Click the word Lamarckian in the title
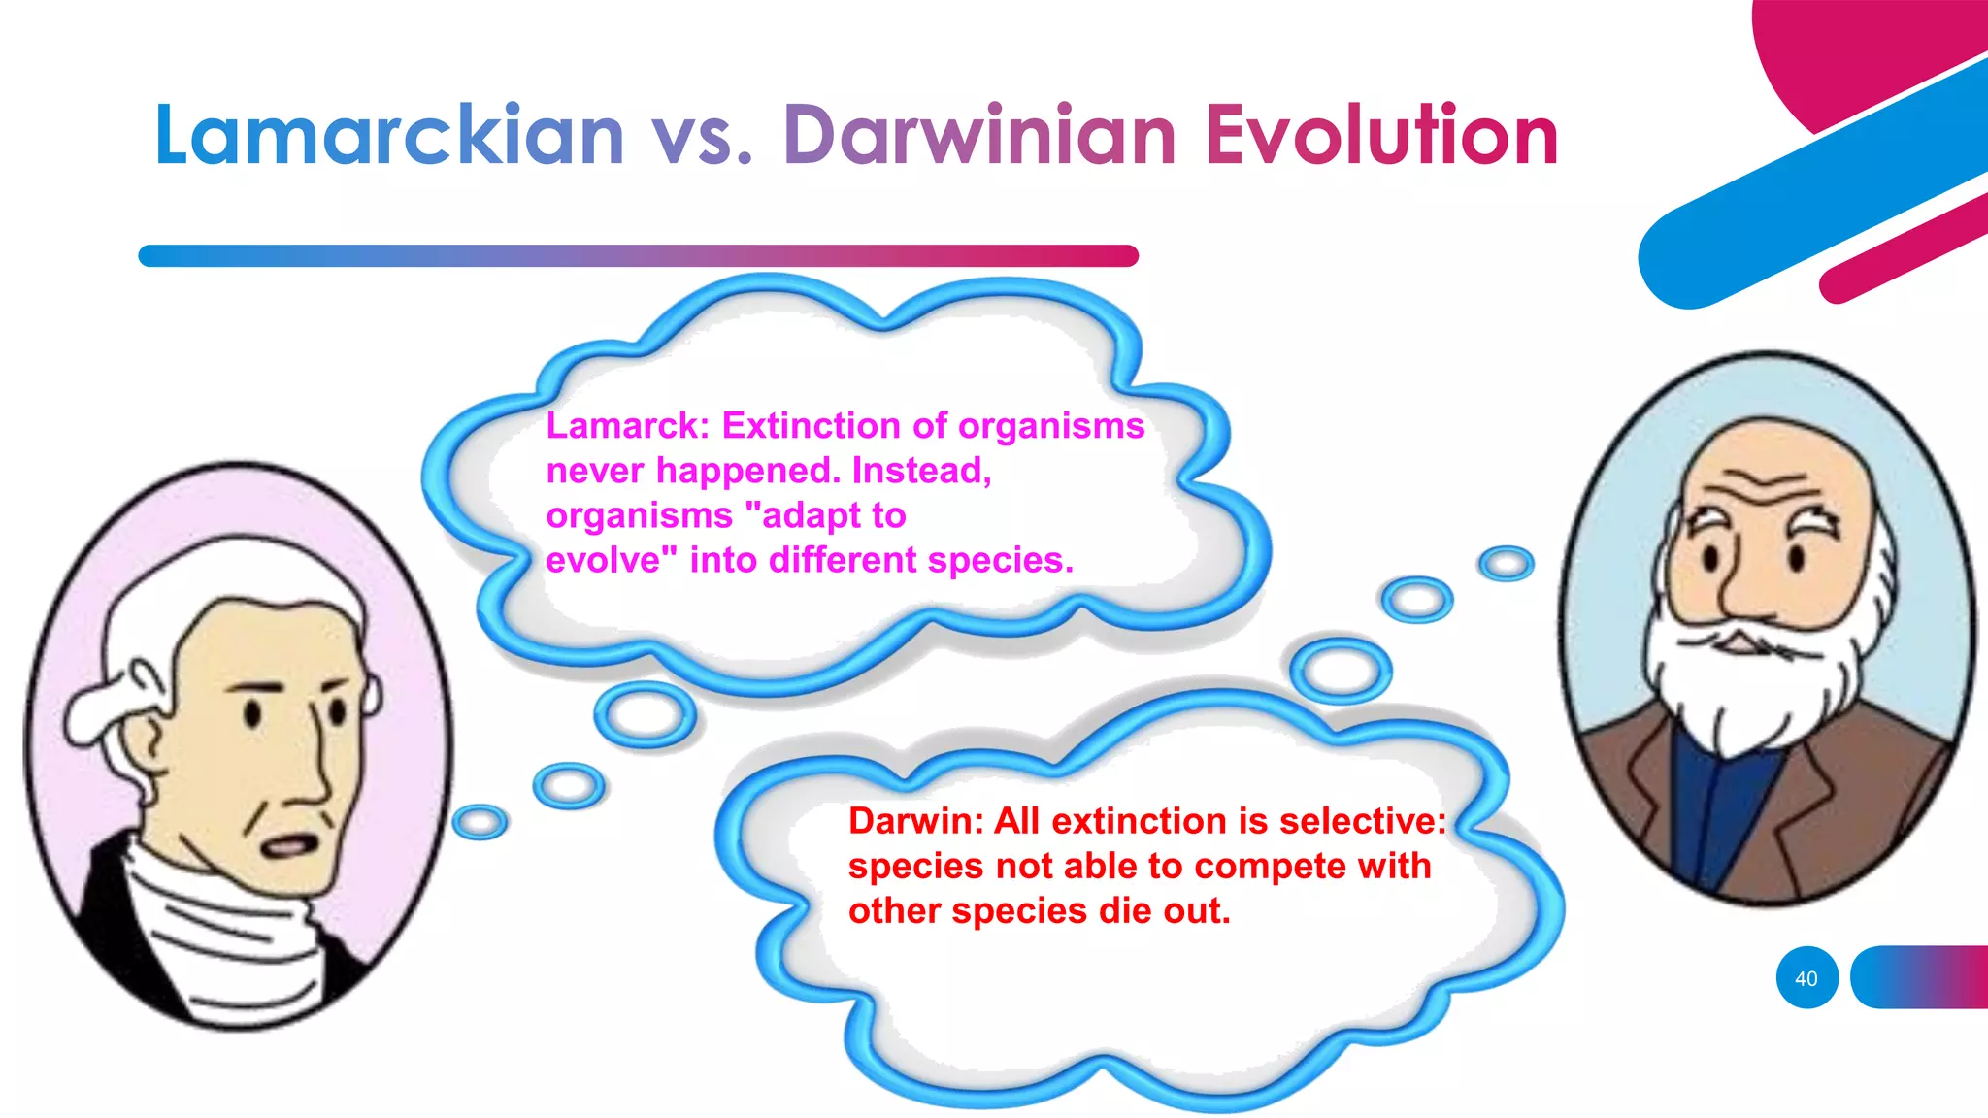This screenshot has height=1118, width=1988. pyautogui.click(x=388, y=136)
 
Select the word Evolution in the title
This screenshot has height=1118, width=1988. pyautogui.click(x=1381, y=136)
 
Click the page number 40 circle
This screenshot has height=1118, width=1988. pyautogui.click(x=1806, y=978)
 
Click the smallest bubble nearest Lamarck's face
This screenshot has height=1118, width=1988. pyautogui.click(x=480, y=822)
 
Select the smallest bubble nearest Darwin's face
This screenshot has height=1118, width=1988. pyautogui.click(x=1506, y=563)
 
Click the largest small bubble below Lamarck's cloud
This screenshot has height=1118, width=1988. pyautogui.click(x=645, y=714)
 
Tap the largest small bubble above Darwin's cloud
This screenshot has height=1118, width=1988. pyautogui.click(x=1341, y=670)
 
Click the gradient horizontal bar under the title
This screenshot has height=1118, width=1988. pyautogui.click(x=638, y=255)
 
